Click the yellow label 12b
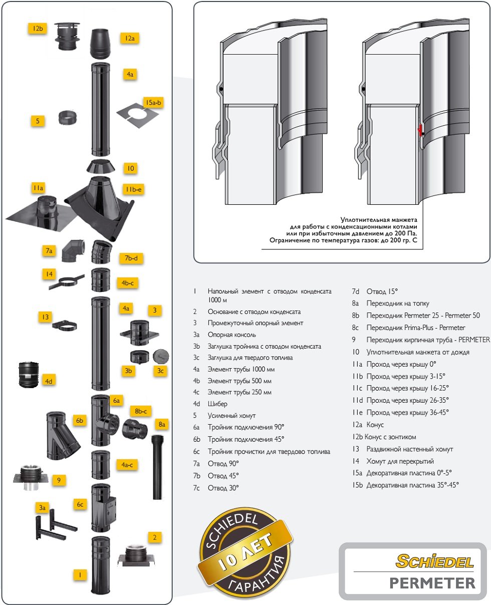[x=37, y=29]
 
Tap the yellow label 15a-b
[x=154, y=103]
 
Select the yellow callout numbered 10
[x=131, y=168]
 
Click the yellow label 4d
[x=49, y=381]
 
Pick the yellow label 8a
[x=161, y=424]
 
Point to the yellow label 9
[x=59, y=480]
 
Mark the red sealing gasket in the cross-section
[x=420, y=131]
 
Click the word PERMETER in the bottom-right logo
[x=432, y=583]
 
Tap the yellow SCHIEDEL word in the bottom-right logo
[x=434, y=561]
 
